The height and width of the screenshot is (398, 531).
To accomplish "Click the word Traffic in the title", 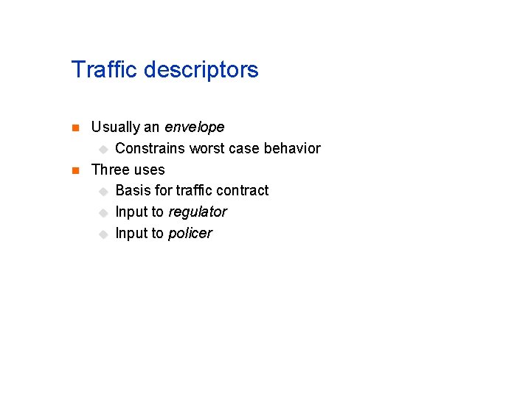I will coord(105,70).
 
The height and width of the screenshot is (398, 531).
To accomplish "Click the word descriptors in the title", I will coord(201,70).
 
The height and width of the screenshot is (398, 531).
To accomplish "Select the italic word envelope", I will coord(195,127).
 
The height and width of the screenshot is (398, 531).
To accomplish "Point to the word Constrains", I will coord(150,148).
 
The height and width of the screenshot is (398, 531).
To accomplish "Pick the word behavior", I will coord(292,148).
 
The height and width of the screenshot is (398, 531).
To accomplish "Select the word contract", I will coord(243,190).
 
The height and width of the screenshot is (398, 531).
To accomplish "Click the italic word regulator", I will coord(198,212).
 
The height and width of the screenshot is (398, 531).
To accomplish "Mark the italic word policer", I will coord(190,234).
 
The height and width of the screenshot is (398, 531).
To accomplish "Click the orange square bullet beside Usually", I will coord(74,128).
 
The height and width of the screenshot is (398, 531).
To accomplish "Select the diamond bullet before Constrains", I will coord(103,150).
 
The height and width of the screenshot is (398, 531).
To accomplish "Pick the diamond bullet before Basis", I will coord(103,192).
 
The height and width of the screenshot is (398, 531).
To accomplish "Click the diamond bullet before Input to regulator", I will coord(103,213).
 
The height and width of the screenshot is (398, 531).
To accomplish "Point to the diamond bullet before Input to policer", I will coord(103,234).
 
